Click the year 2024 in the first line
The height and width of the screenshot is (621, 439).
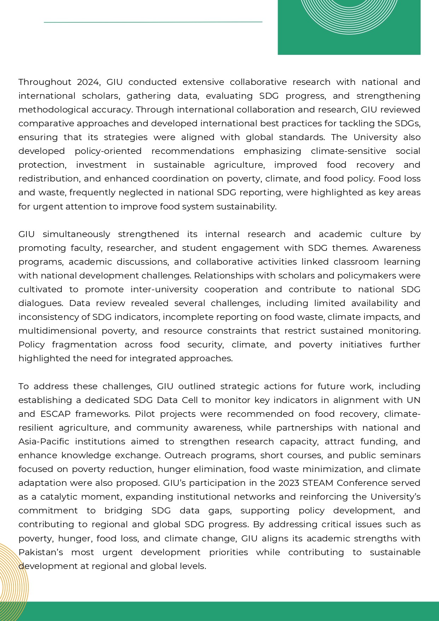(x=88, y=82)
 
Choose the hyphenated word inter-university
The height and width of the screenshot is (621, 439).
(x=164, y=289)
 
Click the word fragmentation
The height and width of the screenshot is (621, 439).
(x=84, y=345)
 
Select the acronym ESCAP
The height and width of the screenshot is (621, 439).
(x=55, y=414)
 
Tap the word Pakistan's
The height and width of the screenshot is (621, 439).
(x=41, y=552)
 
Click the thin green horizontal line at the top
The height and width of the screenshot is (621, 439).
(x=153, y=22)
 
